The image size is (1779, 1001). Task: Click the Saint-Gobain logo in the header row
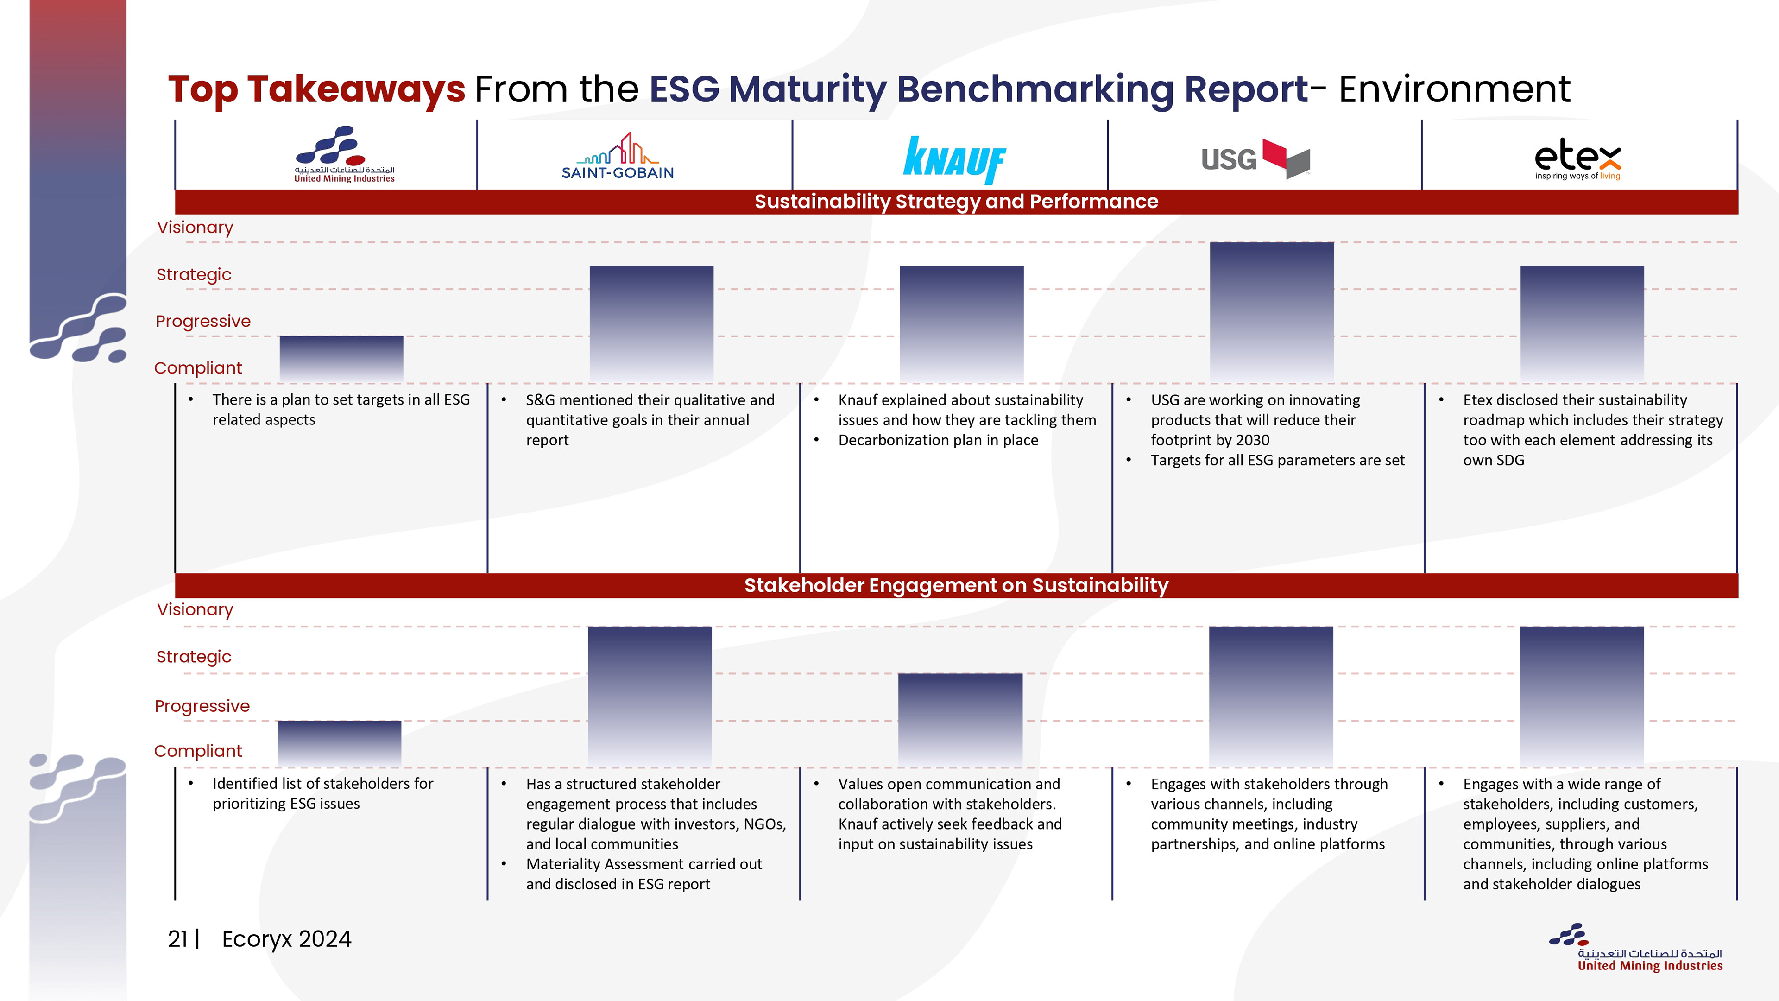click(x=618, y=157)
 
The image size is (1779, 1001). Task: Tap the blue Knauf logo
click(x=954, y=159)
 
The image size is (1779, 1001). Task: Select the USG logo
click(x=1255, y=158)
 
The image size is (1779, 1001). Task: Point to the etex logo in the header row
click(x=1577, y=159)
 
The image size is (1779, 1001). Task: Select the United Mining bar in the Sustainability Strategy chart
click(x=341, y=359)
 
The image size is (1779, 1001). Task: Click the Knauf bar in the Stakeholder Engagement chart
click(x=960, y=720)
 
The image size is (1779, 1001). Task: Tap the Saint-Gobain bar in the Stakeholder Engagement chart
click(x=649, y=697)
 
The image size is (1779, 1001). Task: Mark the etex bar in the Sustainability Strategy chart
click(x=1582, y=323)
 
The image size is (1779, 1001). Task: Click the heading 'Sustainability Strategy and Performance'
click(x=956, y=202)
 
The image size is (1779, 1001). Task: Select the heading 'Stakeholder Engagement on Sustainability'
click(x=956, y=586)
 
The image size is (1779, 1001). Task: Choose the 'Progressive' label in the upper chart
click(x=202, y=321)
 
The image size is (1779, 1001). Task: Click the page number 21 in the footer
click(x=177, y=939)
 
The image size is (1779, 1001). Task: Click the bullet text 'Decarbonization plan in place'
click(x=938, y=441)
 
